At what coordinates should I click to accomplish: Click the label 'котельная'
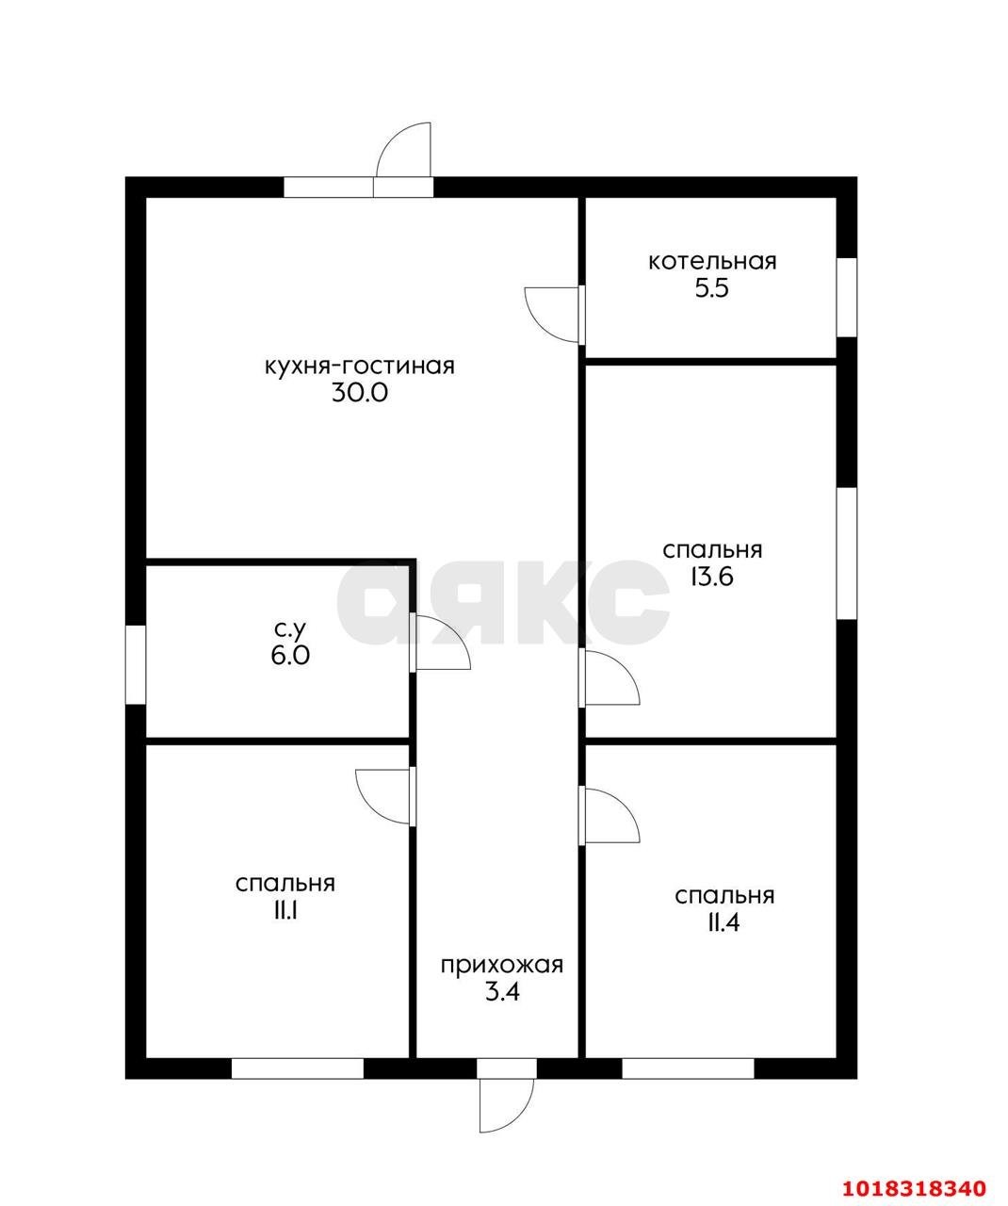coord(711,262)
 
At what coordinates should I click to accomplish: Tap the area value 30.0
coord(359,393)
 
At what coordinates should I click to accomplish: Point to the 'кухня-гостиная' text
coord(359,367)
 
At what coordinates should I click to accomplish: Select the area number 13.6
coord(711,577)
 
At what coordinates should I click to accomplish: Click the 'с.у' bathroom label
coord(289,628)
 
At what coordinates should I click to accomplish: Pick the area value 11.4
coord(724,923)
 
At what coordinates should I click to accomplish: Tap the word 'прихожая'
coord(501,965)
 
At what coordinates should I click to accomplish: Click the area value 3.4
coord(502,992)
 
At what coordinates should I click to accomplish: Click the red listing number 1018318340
coord(913,1183)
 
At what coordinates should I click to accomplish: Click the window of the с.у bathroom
coord(136,664)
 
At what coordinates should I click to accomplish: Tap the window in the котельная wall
coord(847,297)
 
